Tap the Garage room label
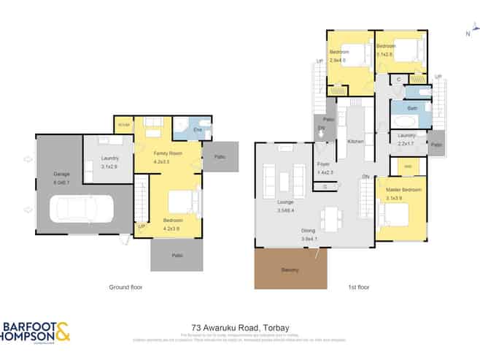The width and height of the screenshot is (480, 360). click(x=61, y=175)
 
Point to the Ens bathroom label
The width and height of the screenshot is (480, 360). click(x=197, y=130)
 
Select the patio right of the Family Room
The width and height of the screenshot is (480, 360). click(x=219, y=157)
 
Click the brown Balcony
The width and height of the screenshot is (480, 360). click(x=290, y=269)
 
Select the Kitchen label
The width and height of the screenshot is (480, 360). click(x=355, y=141)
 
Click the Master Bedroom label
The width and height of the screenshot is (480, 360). click(x=398, y=190)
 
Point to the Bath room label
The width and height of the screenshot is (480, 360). click(x=411, y=108)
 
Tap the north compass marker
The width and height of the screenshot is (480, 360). click(x=468, y=33)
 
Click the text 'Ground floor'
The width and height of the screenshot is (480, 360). click(x=125, y=287)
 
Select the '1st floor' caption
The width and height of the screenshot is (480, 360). click(x=359, y=287)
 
